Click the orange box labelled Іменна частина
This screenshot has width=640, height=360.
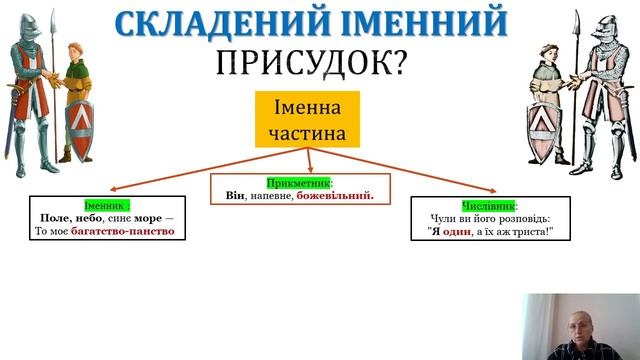[307, 118]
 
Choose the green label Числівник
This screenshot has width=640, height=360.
[488, 203]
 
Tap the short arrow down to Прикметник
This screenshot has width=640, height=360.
[308, 160]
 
